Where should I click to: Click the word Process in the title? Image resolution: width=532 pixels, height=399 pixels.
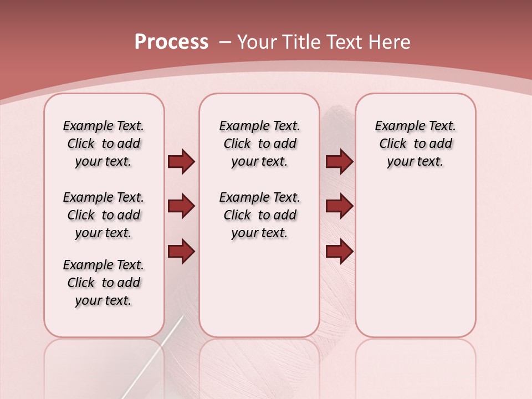(x=171, y=42)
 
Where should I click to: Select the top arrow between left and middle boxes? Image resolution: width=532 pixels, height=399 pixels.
(x=181, y=161)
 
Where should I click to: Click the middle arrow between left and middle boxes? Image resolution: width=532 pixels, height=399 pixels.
(x=181, y=206)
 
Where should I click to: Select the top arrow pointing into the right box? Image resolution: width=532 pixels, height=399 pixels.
(x=339, y=161)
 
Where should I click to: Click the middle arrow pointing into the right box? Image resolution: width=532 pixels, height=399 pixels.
(x=339, y=206)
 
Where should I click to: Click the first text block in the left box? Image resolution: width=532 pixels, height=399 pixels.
(x=104, y=144)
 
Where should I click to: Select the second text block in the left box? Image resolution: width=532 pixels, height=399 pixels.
(x=104, y=215)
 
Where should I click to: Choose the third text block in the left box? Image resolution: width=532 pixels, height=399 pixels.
(x=104, y=283)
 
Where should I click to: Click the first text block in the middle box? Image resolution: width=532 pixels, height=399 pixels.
(x=259, y=144)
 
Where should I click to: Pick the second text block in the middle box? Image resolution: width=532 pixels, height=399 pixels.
(x=259, y=215)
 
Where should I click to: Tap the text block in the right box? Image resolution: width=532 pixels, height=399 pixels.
(x=415, y=144)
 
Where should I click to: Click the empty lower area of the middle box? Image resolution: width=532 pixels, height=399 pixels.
(x=259, y=288)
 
